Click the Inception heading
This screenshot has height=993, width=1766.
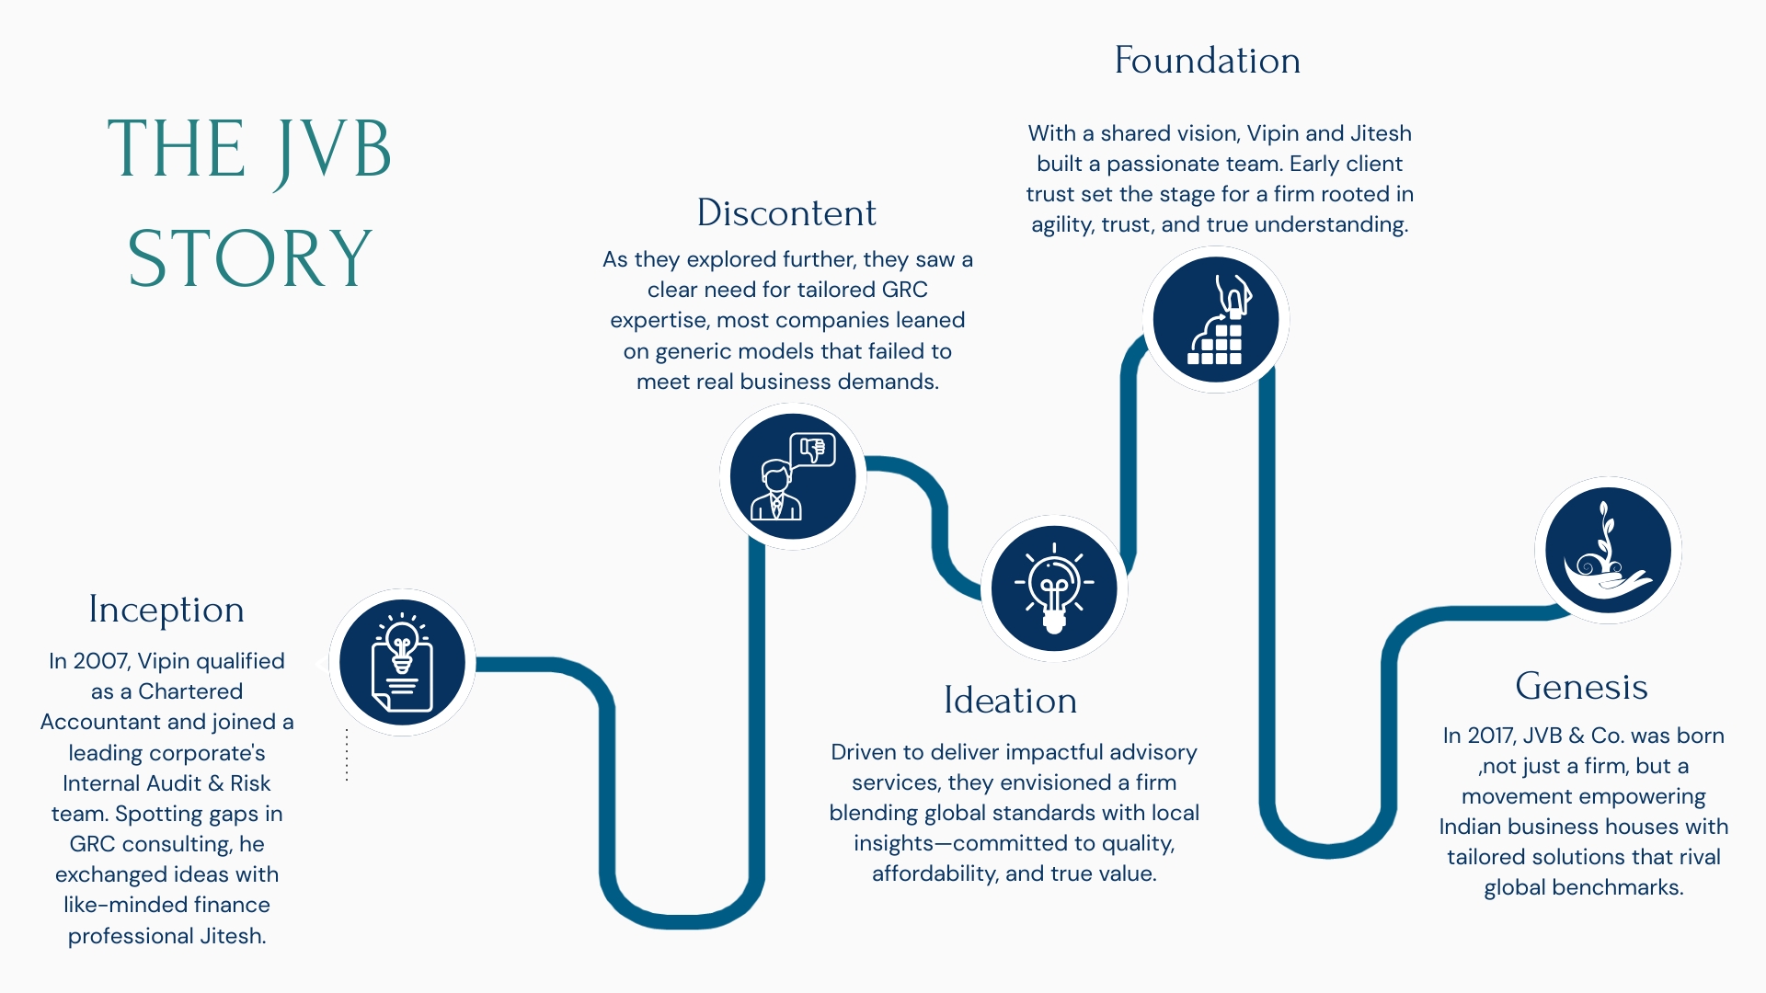166,610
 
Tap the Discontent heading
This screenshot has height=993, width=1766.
786,213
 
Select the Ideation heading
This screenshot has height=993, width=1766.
1010,701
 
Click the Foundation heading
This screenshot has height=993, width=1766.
1207,61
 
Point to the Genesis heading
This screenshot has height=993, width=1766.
1581,687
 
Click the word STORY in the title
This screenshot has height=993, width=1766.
249,258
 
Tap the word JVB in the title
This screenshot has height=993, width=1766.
333,151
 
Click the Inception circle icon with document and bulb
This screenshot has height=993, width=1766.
402,662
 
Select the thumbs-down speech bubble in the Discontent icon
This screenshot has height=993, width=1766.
812,450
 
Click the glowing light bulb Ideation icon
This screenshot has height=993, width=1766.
1054,588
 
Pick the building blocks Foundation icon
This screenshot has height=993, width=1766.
1216,320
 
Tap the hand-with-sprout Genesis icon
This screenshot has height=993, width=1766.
1608,551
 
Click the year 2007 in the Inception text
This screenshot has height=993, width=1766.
101,661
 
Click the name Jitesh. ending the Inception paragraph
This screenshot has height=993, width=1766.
233,936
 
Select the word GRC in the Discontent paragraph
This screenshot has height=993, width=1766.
904,290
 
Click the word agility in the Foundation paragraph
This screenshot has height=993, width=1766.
1061,225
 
